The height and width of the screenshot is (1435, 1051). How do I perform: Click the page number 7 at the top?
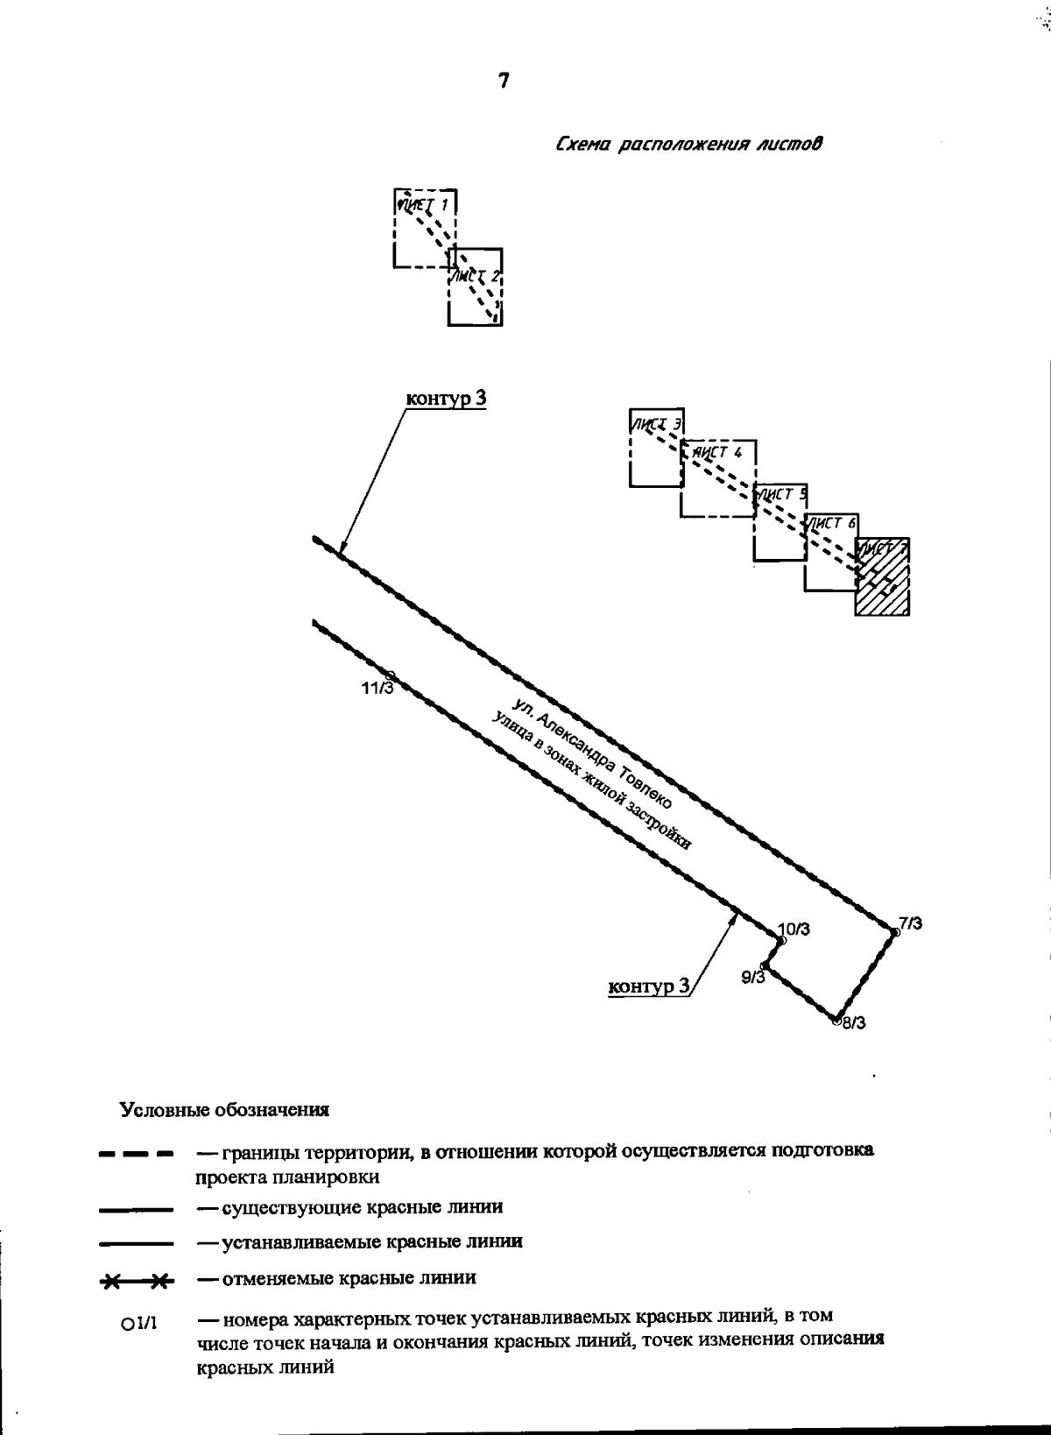504,81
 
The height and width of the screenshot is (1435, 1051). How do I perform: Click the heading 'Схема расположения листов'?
689,143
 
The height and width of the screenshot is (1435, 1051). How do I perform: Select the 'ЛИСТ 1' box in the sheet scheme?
425,228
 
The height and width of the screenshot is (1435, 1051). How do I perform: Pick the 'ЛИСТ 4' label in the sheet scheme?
719,453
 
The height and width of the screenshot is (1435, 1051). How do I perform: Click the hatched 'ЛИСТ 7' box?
883,577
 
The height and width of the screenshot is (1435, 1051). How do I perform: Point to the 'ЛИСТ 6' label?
832,523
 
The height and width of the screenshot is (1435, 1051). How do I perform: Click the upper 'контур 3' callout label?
446,399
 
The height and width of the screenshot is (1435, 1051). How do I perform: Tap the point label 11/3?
377,688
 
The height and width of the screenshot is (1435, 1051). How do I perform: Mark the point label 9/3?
752,977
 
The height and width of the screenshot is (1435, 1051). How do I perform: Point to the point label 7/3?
910,922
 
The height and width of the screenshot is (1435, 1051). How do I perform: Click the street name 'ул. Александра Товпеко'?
594,752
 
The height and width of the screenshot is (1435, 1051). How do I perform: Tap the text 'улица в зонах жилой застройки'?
592,781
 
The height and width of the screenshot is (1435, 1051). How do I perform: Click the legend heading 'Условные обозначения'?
224,1110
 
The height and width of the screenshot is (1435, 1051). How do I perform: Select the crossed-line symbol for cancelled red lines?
137,1283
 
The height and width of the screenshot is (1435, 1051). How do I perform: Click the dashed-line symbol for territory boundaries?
136,1155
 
